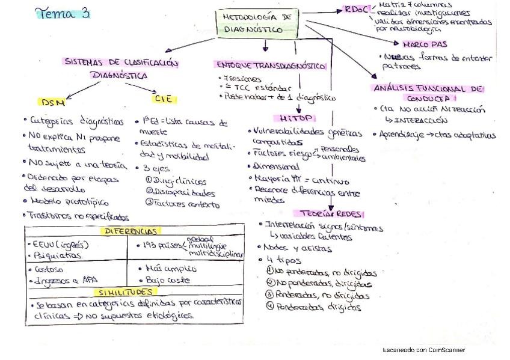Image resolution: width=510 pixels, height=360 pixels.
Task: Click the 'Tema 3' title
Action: (63, 13)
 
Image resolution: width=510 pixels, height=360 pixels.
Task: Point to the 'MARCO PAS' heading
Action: (425, 44)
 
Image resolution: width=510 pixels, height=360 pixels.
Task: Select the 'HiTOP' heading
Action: (293, 118)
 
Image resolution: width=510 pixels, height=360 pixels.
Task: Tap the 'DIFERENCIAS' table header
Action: (135, 231)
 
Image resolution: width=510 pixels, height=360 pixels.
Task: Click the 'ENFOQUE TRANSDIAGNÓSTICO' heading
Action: (271, 66)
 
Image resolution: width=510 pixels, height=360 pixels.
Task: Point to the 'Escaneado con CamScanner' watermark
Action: (423, 350)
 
